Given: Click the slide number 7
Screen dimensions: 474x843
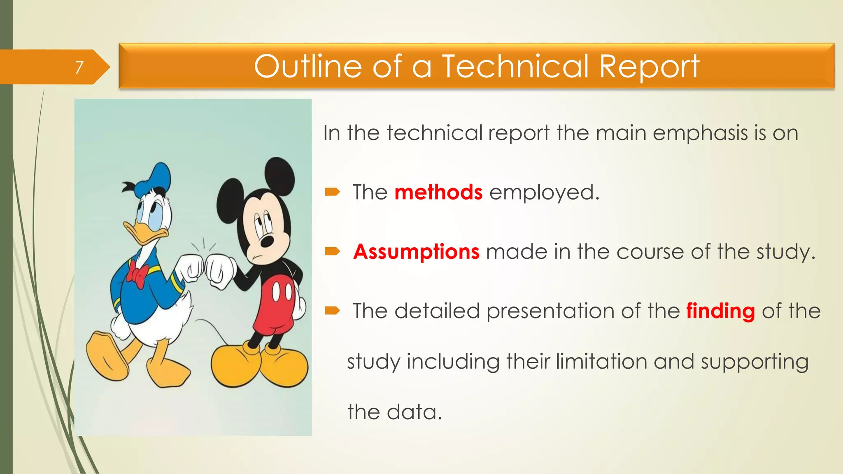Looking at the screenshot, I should click(79, 67).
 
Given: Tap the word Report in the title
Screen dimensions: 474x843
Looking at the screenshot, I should click(649, 67).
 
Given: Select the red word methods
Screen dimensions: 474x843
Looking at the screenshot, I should click(438, 192).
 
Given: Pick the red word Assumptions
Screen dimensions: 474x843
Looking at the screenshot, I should click(416, 251).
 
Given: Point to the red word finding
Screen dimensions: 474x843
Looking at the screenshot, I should click(720, 311).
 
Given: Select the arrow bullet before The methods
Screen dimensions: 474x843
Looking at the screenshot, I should click(332, 192).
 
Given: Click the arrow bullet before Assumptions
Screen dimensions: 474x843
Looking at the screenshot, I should click(332, 251).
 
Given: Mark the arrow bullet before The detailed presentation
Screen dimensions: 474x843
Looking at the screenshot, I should click(332, 311).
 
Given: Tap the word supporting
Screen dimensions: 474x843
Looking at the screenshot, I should click(755, 362).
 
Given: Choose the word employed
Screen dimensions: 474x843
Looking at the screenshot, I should click(544, 192).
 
